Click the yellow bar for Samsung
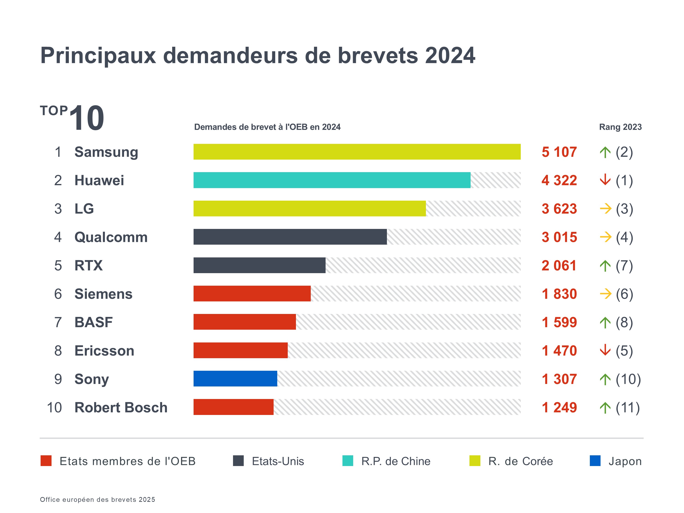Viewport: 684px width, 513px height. tap(357, 152)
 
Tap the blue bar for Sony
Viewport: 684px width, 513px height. tap(235, 379)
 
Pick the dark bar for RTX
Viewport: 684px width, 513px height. tap(259, 265)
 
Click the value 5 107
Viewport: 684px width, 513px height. tap(559, 152)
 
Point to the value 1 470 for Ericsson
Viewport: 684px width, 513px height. tap(559, 351)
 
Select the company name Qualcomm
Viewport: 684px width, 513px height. tap(111, 237)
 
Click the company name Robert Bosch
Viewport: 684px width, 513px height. tap(121, 408)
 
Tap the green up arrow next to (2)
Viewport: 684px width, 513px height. tap(605, 152)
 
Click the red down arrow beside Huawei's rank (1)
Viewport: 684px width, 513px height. tap(605, 180)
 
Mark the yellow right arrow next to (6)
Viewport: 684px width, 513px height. tap(606, 294)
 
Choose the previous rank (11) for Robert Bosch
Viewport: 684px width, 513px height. tap(628, 408)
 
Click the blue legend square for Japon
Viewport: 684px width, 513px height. tap(595, 461)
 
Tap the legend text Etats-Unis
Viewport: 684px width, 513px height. tap(278, 461)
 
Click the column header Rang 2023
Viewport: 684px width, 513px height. tap(620, 127)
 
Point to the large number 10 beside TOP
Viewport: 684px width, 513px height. tap(87, 118)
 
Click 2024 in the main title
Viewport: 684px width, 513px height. tap(450, 56)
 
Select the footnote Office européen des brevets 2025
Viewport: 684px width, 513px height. tap(97, 499)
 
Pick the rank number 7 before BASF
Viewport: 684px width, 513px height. tap(58, 322)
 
